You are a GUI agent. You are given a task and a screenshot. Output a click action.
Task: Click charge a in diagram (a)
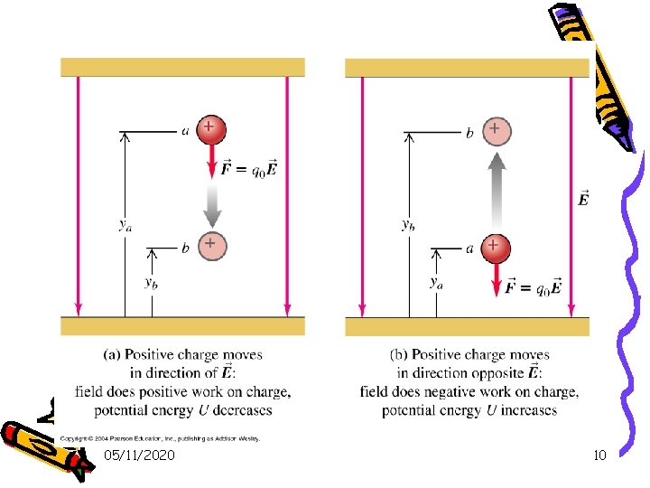[209, 130]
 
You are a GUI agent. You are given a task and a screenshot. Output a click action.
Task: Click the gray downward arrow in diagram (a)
[210, 206]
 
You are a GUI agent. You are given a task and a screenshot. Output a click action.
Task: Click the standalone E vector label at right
[583, 198]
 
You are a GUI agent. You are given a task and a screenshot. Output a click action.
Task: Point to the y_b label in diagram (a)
[152, 282]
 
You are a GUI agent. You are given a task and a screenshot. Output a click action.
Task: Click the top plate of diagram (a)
[182, 67]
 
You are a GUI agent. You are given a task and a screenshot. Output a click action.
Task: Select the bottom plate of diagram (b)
[467, 325]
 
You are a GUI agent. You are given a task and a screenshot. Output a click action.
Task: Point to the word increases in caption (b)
[525, 410]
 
